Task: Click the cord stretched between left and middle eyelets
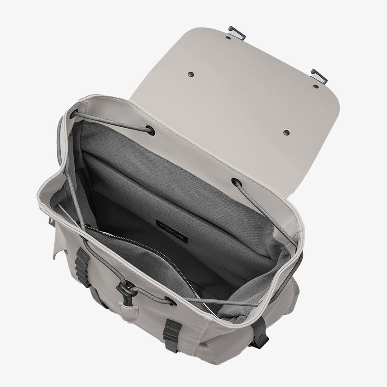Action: (112, 122)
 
